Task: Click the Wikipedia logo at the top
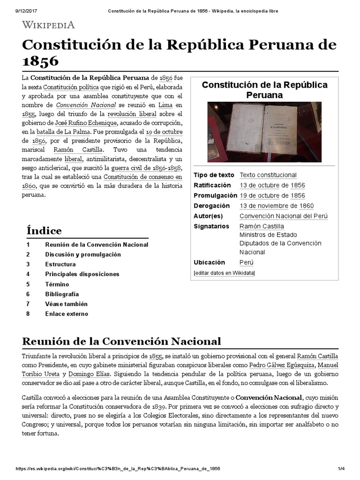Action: [49, 25]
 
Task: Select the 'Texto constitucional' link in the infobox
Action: [268, 175]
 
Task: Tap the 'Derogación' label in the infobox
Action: [211, 206]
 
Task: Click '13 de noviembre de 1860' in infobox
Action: [276, 206]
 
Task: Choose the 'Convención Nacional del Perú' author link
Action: [283, 216]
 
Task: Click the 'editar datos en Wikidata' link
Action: [224, 273]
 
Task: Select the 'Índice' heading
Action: [44, 231]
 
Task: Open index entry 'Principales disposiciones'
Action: [82, 274]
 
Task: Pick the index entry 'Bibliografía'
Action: [62, 294]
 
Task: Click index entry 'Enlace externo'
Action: [66, 314]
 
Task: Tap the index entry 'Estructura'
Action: [60, 264]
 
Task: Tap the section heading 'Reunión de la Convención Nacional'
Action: [121, 340]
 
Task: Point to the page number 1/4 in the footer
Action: [341, 469]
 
